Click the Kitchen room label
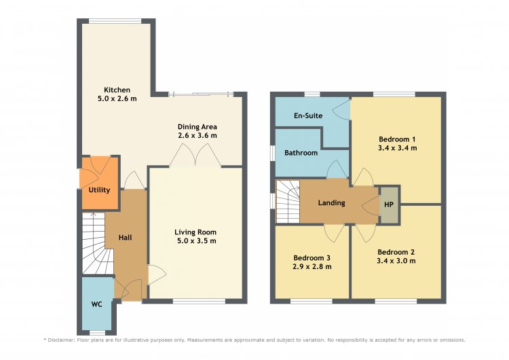click(x=117, y=90)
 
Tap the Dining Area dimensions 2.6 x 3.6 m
click(x=197, y=135)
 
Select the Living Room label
click(x=195, y=232)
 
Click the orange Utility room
click(x=100, y=183)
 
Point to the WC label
click(x=97, y=304)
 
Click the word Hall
click(x=126, y=238)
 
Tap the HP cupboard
click(x=389, y=204)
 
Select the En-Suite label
click(x=308, y=115)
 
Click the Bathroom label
click(x=301, y=153)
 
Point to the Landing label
click(x=331, y=203)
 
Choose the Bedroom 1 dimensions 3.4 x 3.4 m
click(x=397, y=148)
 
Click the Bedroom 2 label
click(x=396, y=252)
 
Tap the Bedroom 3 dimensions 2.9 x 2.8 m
click(x=312, y=267)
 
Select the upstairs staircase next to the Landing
click(x=288, y=202)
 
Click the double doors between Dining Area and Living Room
click(x=195, y=156)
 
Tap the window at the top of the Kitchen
click(x=115, y=21)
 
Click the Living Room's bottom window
click(x=199, y=302)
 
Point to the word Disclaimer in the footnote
click(x=62, y=340)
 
